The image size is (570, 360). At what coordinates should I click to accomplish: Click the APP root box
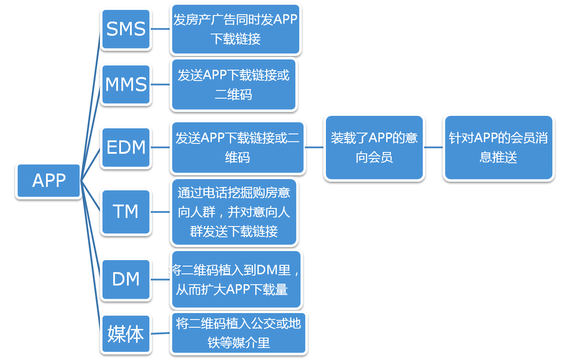click(49, 180)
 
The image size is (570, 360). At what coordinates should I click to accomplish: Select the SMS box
click(126, 29)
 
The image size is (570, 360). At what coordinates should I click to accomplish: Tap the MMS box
click(126, 84)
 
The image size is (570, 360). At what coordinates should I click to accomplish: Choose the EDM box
click(126, 147)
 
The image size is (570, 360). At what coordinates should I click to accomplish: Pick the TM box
click(126, 211)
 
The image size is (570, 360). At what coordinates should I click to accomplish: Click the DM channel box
click(126, 279)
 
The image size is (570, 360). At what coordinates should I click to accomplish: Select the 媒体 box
click(126, 334)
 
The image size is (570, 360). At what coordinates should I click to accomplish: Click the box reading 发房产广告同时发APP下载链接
click(236, 29)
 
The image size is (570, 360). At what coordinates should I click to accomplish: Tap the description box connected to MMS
click(234, 85)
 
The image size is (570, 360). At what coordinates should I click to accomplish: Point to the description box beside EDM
click(238, 148)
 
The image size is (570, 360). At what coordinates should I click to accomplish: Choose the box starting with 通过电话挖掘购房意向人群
click(234, 212)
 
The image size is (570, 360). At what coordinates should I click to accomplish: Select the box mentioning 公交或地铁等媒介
click(239, 333)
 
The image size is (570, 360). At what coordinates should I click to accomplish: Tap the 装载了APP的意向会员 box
click(374, 147)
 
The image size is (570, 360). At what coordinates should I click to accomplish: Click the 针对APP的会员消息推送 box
click(498, 147)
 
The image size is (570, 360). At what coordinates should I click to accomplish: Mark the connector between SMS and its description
click(161, 29)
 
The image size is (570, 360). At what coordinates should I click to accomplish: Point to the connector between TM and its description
click(161, 212)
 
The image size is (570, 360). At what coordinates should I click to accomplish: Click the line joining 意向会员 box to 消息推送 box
click(434, 147)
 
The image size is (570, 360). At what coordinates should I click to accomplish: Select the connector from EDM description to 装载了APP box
click(314, 147)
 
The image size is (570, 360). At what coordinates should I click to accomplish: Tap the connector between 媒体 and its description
click(161, 334)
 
